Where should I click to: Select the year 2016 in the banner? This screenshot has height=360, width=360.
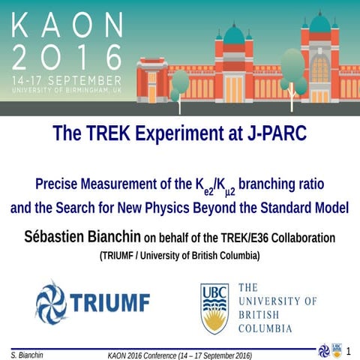click(67, 57)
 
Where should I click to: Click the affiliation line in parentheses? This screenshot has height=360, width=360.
click(179, 256)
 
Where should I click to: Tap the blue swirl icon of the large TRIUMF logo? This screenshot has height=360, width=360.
click(51, 303)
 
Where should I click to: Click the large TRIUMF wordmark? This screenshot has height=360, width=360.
click(109, 303)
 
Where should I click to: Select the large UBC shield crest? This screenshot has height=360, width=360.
click(214, 307)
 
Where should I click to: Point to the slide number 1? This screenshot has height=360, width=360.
click(348, 350)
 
